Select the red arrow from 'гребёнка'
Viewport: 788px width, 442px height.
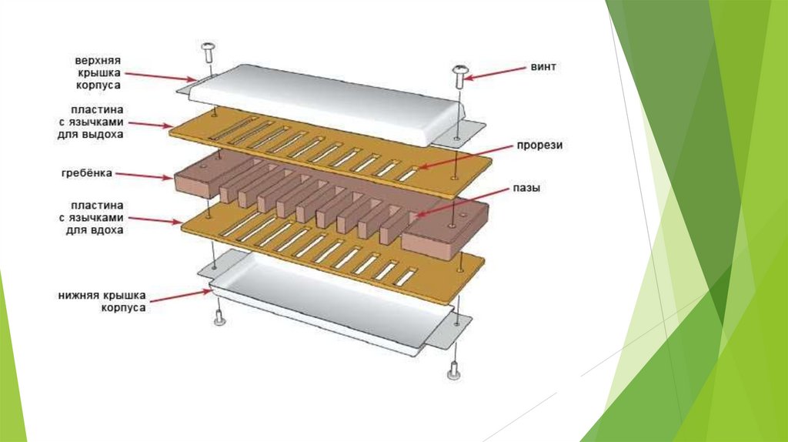pos(145,176)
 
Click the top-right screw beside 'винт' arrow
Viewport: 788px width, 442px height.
pos(459,75)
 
